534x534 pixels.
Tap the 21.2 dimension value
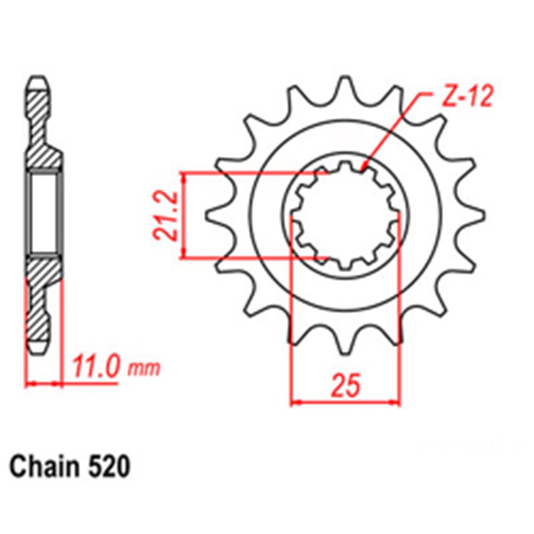pos(165,216)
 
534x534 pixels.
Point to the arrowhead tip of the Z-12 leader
pos(364,169)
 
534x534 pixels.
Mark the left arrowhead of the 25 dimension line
pos(293,402)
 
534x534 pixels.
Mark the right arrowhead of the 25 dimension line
pos(397,402)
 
